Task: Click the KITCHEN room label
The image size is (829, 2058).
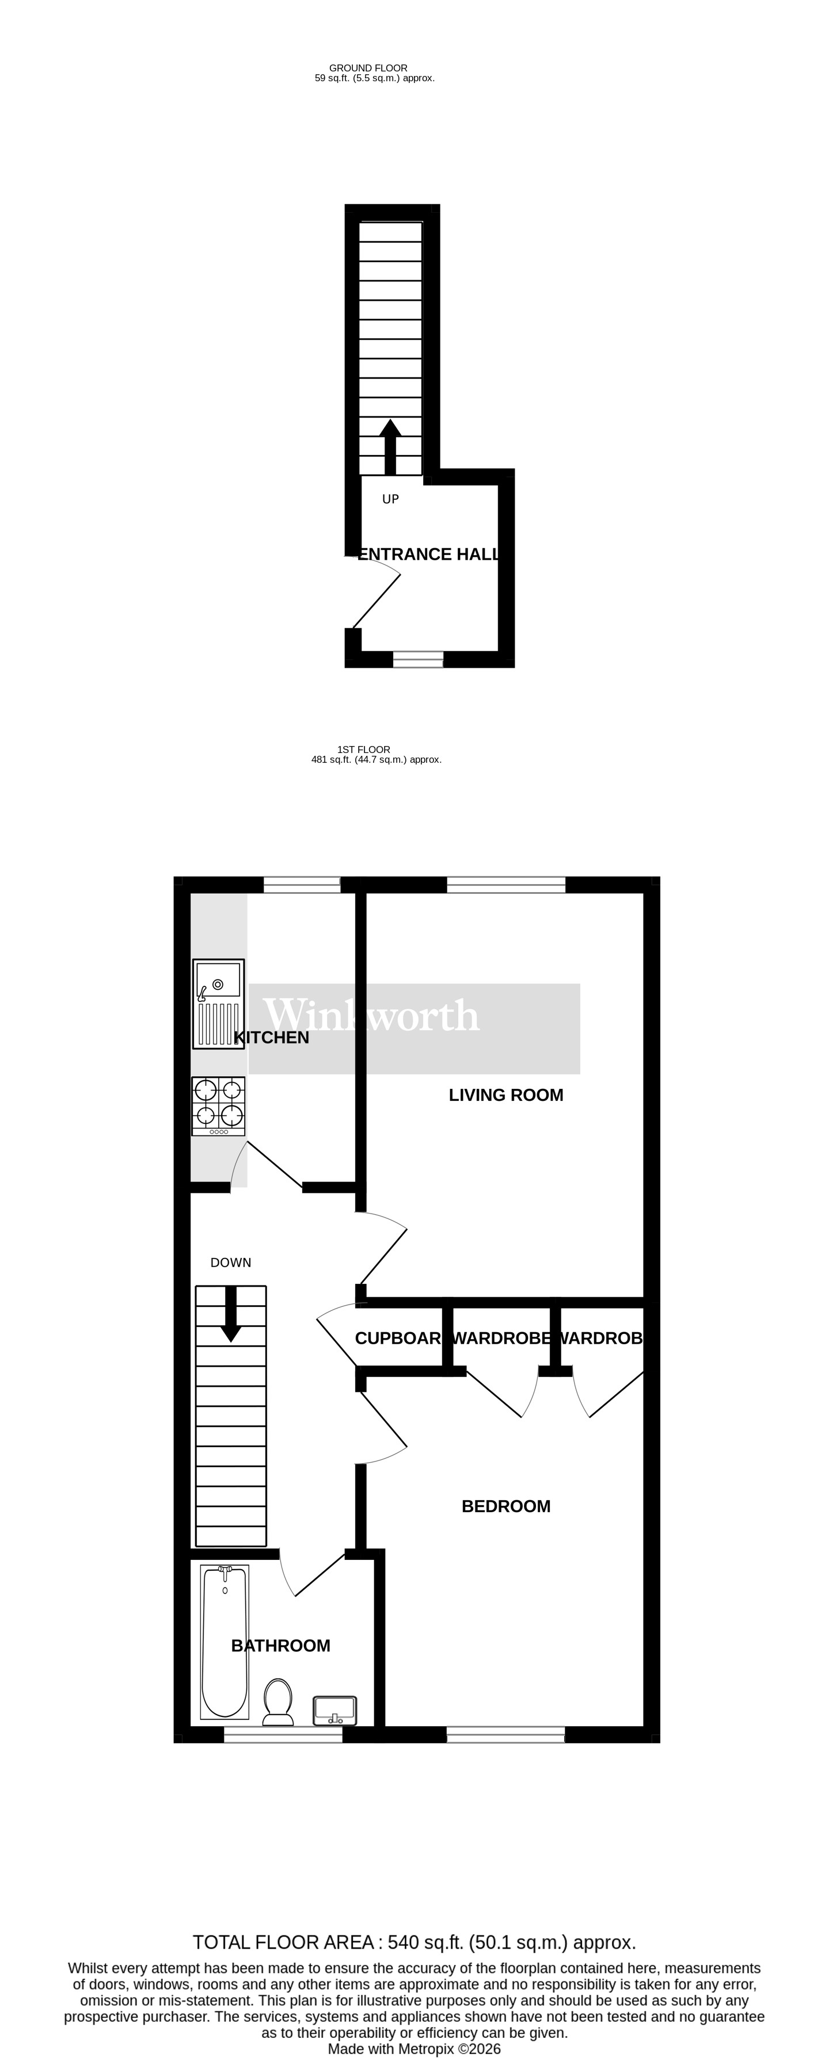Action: [271, 1038]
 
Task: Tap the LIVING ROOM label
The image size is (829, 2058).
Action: [505, 1095]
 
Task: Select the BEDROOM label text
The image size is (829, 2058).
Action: [505, 1507]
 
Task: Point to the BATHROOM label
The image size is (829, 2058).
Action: [280, 1646]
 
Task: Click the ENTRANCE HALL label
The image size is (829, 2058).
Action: [428, 554]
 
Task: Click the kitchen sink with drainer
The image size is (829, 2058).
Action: [218, 1004]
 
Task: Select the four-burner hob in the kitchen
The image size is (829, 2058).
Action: [218, 1105]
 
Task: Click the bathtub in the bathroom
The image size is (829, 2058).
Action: [224, 1642]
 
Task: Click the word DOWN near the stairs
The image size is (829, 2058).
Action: [230, 1263]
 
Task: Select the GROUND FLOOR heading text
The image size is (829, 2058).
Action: [368, 68]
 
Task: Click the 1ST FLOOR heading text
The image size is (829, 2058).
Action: [364, 749]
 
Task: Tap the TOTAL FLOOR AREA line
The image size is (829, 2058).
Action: [414, 1942]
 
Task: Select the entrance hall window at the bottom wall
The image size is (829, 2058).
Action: [417, 659]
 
